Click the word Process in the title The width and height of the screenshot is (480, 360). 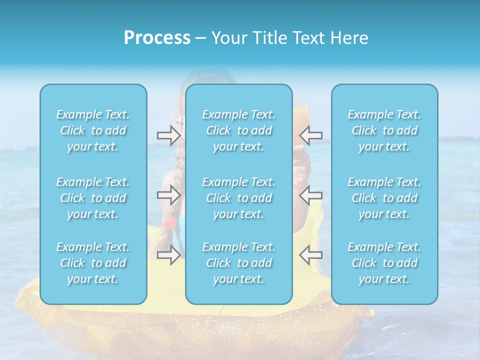click(157, 38)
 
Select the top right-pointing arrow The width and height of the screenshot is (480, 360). click(168, 135)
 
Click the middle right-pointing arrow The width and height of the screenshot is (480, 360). click(168, 194)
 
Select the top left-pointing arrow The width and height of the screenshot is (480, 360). click(311, 135)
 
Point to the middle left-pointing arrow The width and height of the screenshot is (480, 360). click(311, 194)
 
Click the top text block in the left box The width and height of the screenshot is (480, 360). click(93, 130)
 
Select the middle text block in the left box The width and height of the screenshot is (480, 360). click(93, 198)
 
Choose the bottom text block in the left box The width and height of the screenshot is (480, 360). click(93, 263)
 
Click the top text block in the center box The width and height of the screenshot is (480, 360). click(239, 130)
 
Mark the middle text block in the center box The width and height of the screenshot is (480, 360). click(239, 198)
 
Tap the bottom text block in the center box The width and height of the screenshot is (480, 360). click(239, 263)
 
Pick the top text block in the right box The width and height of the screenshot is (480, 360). click(384, 130)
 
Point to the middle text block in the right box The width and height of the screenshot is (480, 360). click(384, 198)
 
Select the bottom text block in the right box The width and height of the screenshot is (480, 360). click(384, 263)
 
